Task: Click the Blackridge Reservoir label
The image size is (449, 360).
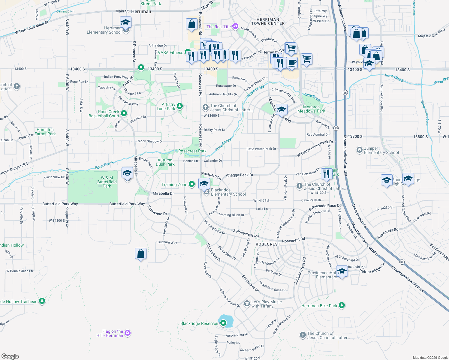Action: (199, 323)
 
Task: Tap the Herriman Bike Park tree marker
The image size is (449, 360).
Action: (342, 305)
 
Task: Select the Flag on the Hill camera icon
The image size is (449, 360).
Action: (128, 333)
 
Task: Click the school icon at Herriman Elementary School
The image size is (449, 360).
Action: (125, 22)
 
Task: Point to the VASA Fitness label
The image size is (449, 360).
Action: (170, 52)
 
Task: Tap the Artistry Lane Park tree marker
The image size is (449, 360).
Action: (180, 106)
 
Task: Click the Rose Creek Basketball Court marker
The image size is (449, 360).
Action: (124, 113)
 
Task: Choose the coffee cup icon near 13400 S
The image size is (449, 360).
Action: (291, 63)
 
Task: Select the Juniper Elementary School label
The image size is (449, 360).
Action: (381, 150)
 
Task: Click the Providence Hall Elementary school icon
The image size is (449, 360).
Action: (342, 271)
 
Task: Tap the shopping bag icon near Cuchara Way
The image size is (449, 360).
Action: (140, 254)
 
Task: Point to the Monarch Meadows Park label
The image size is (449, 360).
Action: (311, 109)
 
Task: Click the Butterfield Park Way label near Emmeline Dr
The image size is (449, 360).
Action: (127, 204)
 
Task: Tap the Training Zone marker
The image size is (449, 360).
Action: (192, 184)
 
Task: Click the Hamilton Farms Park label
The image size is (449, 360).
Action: (45, 132)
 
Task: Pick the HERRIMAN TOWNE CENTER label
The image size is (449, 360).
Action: (268, 21)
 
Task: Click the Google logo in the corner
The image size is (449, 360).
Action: (10, 356)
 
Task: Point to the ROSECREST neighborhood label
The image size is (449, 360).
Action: (268, 244)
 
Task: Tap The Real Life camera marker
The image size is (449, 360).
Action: (235, 27)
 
